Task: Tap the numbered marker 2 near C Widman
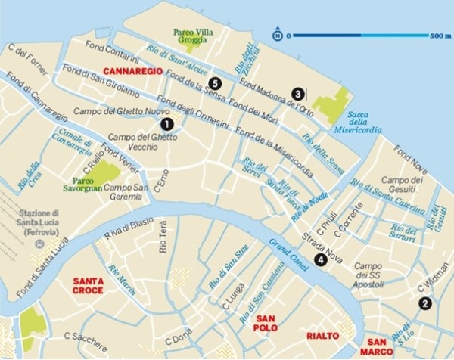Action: point(424,303)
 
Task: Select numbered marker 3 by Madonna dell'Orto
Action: point(298,94)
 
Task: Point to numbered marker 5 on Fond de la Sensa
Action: point(216,82)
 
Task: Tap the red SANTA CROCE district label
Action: point(89,286)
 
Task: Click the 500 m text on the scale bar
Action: point(440,35)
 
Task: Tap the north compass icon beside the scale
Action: point(278,35)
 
